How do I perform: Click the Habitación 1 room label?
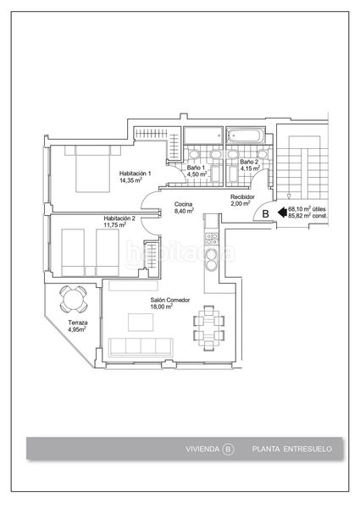[x=135, y=174]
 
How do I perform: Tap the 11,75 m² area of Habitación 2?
[x=114, y=224]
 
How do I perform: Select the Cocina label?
[x=184, y=204]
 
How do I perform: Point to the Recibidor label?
[x=242, y=197]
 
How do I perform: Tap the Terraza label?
[x=78, y=323]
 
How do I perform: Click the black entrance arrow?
[x=282, y=213]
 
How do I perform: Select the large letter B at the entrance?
[x=265, y=214]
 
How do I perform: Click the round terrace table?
[x=73, y=299]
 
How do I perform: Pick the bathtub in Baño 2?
[x=245, y=135]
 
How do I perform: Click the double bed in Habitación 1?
[x=92, y=168]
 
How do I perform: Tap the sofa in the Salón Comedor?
[x=141, y=347]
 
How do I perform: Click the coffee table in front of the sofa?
[x=141, y=322]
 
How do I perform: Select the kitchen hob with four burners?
[x=212, y=239]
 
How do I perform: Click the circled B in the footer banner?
[x=228, y=449]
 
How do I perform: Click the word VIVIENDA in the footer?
[x=202, y=449]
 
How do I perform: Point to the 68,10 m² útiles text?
[x=307, y=209]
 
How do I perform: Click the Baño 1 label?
[x=196, y=168]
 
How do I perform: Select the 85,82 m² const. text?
[x=307, y=215]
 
